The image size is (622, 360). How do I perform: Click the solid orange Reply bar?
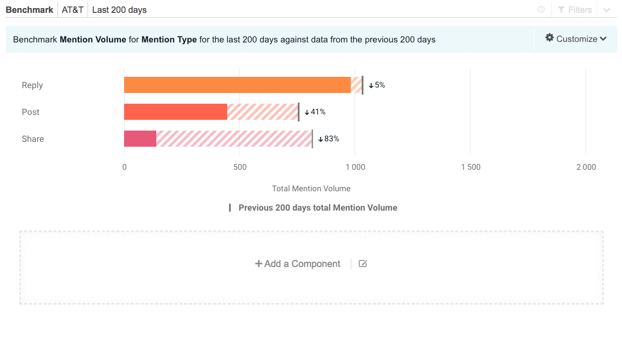[x=237, y=85]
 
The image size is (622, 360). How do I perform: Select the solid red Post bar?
[x=176, y=112]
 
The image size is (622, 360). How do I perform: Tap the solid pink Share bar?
[x=140, y=139]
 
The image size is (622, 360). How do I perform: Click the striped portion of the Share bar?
[x=234, y=139]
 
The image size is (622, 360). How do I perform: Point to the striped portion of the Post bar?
[x=262, y=112]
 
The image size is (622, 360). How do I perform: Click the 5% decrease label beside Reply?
[x=377, y=85]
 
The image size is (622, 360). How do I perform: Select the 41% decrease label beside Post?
[x=315, y=112]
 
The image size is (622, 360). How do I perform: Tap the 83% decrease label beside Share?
[x=329, y=139]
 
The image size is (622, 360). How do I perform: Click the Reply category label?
[x=32, y=85]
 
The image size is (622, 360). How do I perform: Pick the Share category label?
[x=33, y=139]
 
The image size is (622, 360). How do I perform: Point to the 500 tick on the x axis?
[x=240, y=167]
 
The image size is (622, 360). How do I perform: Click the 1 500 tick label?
[x=471, y=167]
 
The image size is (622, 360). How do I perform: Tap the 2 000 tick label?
[x=586, y=167]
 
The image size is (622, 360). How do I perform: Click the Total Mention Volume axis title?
[x=311, y=189]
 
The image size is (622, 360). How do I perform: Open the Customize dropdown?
[x=576, y=39]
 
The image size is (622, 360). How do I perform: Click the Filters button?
[x=575, y=10]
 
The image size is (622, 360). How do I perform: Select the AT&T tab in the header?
[x=73, y=10]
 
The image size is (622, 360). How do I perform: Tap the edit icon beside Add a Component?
[x=363, y=264]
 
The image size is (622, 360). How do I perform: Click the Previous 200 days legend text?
[x=317, y=207]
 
